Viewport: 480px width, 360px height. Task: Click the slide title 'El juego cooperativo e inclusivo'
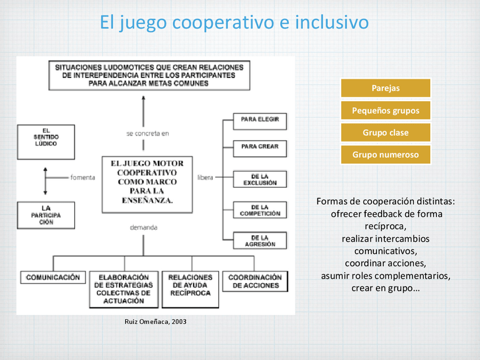[234, 22]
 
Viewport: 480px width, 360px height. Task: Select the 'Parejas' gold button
[385, 88]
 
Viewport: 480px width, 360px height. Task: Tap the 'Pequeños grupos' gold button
[385, 110]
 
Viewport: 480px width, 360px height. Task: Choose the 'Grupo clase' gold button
[385, 132]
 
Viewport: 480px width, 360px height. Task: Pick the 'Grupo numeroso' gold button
[385, 155]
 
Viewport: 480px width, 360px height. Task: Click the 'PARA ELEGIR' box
[260, 120]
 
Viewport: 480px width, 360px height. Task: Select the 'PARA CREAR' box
[260, 147]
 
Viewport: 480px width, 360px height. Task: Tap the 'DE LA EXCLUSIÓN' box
[260, 179]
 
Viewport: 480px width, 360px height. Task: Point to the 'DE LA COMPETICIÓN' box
[260, 210]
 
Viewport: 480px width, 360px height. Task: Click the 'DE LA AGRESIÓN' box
[260, 241]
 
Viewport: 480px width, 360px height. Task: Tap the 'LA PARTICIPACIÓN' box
[46, 215]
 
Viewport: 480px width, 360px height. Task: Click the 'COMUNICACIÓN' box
[53, 277]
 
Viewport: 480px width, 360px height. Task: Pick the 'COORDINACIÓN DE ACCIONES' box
[255, 281]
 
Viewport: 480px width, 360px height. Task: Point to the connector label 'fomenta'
[83, 177]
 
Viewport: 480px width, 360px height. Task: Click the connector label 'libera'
[205, 177]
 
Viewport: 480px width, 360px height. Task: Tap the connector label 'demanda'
[143, 227]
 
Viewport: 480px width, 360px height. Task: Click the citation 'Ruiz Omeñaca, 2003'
[155, 322]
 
